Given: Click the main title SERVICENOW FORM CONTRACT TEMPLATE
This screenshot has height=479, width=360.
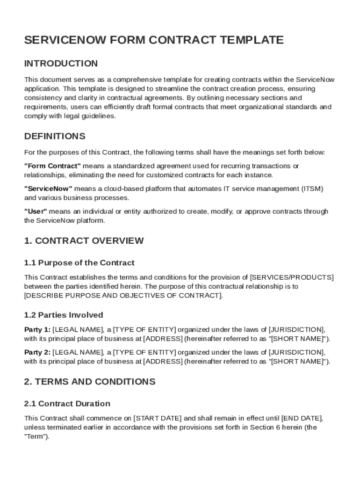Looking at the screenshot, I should (x=154, y=40).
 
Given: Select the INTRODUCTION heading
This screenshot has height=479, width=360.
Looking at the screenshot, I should (x=61, y=64).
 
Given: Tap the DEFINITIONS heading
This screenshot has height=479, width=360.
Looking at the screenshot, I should (x=55, y=137).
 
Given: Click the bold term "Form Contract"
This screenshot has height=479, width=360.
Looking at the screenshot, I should (x=52, y=166).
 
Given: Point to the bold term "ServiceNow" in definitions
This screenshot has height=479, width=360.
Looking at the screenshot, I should (x=48, y=189).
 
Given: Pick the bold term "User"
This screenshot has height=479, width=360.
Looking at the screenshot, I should (x=36, y=211).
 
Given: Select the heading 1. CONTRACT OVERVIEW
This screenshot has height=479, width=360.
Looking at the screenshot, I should (x=84, y=241).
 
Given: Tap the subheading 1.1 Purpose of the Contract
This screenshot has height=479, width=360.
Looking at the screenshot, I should (x=79, y=263).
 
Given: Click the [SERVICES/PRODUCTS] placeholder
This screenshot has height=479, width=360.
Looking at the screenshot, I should (x=292, y=277).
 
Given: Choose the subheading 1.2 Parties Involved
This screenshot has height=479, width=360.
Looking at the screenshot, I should (x=64, y=315).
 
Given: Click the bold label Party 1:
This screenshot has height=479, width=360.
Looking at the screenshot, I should (x=37, y=329).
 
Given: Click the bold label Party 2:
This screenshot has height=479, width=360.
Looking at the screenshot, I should (x=37, y=352).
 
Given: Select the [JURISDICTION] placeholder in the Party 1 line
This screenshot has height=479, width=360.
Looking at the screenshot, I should (x=296, y=329).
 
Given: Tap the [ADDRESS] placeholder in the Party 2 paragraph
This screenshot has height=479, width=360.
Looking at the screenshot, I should (x=162, y=361).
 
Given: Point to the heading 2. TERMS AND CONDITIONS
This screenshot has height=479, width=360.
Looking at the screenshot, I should (x=89, y=382).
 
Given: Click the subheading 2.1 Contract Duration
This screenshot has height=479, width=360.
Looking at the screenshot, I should (x=67, y=404).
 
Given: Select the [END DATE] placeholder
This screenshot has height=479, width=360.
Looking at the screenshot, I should (x=302, y=418).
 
